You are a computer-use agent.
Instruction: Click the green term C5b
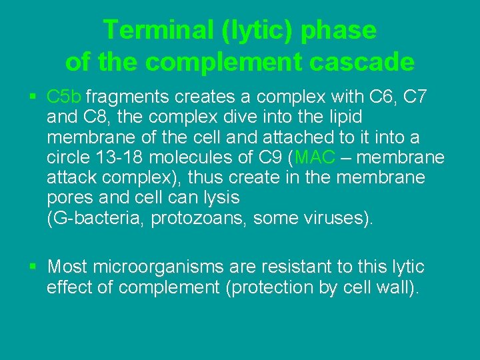click(65, 98)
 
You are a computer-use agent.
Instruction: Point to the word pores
click(69, 199)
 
